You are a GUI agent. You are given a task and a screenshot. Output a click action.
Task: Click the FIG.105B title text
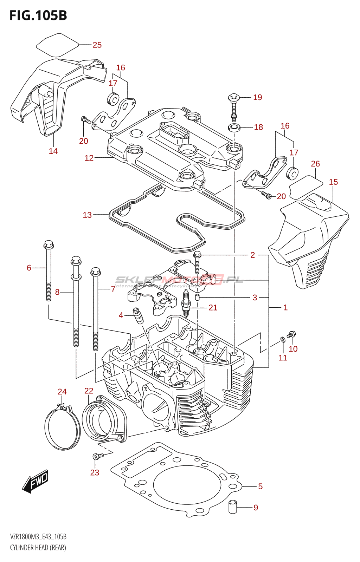(38, 15)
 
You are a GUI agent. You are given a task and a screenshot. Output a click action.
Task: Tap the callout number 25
(97, 45)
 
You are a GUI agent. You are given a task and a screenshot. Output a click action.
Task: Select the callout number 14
(53, 151)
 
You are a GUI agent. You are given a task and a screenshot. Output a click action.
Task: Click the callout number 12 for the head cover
(89, 158)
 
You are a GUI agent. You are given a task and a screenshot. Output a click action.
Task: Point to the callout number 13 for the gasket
(87, 215)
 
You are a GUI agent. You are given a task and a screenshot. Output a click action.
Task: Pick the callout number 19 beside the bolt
(258, 97)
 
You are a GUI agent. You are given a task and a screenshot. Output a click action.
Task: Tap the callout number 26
(315, 164)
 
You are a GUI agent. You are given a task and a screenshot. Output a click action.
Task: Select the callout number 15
(333, 182)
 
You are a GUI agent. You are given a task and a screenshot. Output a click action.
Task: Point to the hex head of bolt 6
(49, 244)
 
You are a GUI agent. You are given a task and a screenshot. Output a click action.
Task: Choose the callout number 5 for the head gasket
(260, 486)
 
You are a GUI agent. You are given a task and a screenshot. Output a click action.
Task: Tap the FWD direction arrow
(35, 481)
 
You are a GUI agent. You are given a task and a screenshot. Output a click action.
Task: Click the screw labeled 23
(97, 456)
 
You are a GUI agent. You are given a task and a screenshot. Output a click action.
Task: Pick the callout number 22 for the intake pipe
(89, 391)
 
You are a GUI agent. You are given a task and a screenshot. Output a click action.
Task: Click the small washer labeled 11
(283, 339)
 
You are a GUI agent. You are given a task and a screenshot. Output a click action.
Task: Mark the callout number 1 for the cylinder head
(285, 308)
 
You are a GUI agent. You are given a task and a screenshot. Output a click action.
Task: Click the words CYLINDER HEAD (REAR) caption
(38, 548)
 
